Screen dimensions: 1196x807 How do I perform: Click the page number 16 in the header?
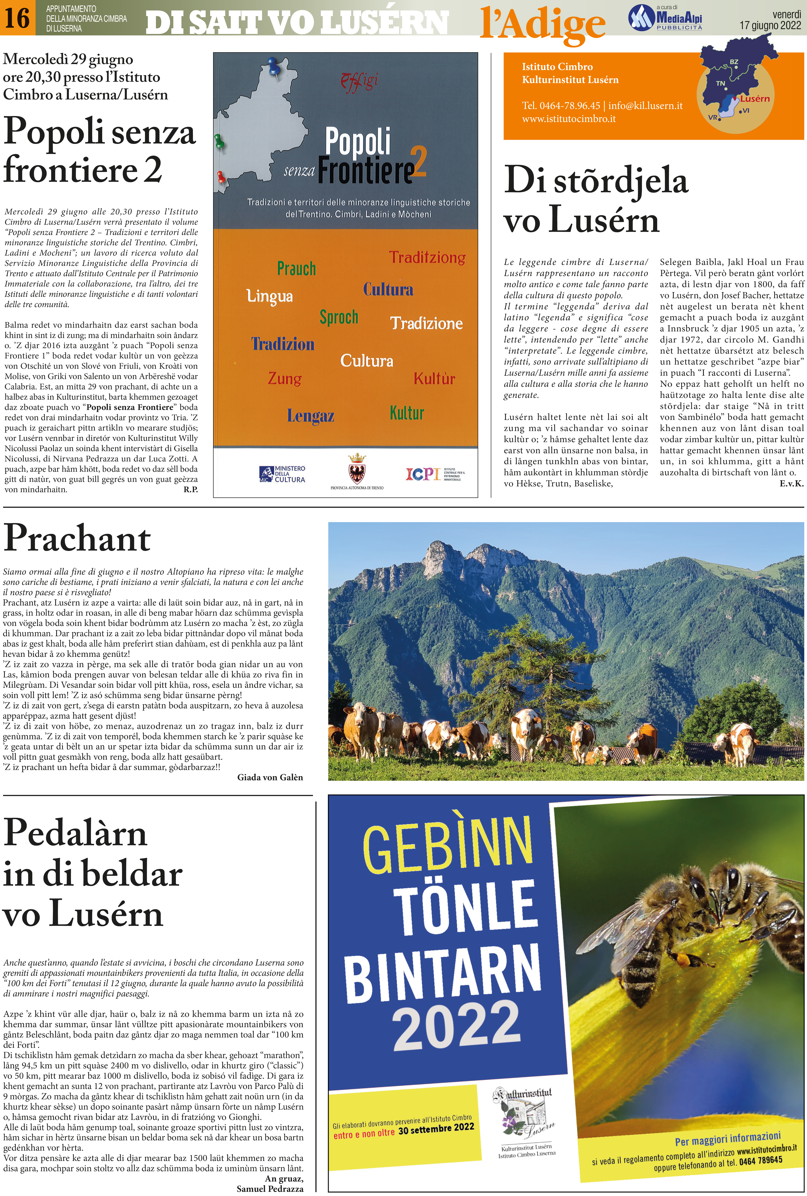point(17,18)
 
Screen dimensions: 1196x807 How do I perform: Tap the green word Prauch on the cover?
point(296,268)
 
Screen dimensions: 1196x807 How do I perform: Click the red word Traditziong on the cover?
point(427,257)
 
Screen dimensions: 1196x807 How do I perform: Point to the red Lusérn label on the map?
point(755,98)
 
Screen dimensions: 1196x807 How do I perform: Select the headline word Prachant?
point(77,539)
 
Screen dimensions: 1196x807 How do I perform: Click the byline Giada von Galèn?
point(270,777)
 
